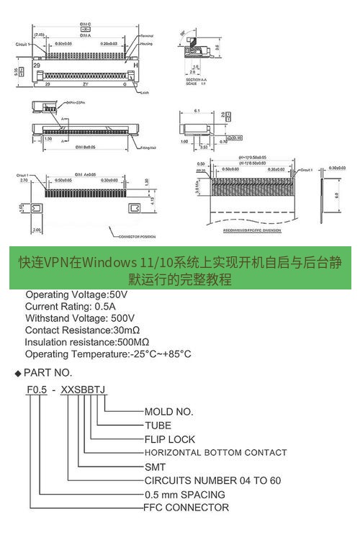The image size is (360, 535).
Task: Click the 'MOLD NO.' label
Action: tap(168, 412)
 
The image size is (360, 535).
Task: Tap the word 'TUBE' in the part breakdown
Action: tap(158, 426)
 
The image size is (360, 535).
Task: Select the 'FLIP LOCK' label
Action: tap(169, 439)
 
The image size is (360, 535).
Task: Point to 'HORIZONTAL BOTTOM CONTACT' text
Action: tap(215, 453)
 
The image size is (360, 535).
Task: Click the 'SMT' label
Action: tap(155, 467)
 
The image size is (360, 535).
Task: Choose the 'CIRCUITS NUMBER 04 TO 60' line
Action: tap(212, 480)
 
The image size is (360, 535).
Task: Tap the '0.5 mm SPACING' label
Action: tap(184, 494)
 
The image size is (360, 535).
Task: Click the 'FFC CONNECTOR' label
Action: tap(186, 508)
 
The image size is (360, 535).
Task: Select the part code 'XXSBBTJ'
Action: tap(84, 390)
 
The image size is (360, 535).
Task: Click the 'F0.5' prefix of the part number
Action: tap(37, 390)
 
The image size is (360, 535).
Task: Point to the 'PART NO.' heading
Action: tap(48, 372)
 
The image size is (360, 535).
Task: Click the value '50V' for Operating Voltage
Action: tap(117, 295)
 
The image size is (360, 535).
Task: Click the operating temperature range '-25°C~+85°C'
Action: tap(160, 354)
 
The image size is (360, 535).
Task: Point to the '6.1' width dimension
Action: tap(197, 111)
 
